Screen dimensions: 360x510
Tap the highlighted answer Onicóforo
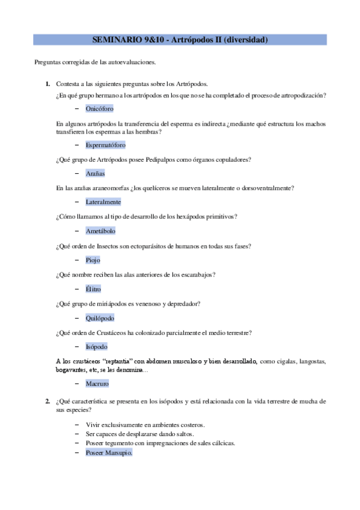(x=99, y=108)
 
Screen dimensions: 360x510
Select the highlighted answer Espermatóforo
(x=105, y=145)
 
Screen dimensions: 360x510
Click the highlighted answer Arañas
(x=95, y=173)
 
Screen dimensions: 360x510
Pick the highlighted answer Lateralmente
(x=103, y=202)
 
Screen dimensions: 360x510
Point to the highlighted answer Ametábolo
(x=100, y=231)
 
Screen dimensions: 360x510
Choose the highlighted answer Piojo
(x=93, y=260)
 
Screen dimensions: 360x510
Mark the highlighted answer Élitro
(x=93, y=289)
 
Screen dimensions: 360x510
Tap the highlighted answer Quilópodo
(x=100, y=318)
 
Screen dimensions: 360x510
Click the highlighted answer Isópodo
(x=96, y=347)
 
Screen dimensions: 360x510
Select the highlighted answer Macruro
(x=97, y=383)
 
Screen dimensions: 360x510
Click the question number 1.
(x=47, y=84)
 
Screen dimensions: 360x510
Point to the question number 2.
(x=47, y=401)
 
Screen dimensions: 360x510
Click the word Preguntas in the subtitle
(x=48, y=62)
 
